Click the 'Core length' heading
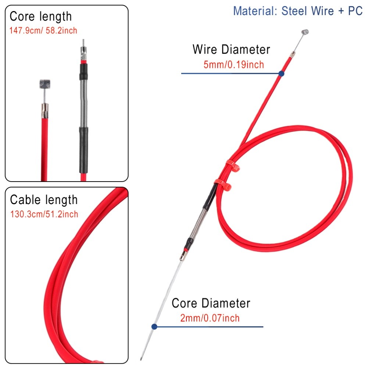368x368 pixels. (x=40, y=17)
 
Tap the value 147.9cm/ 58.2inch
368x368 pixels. (x=43, y=30)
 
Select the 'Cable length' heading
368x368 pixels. (x=44, y=200)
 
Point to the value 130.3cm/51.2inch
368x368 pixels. (x=44, y=214)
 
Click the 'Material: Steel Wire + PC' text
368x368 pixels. (x=298, y=11)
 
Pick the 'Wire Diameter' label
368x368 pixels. (x=231, y=50)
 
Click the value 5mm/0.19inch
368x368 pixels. (x=233, y=65)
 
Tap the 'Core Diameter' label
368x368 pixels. (x=211, y=304)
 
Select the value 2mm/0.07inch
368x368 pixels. (x=210, y=318)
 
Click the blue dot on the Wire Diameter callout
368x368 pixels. (x=281, y=74)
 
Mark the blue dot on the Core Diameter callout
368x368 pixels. (x=154, y=326)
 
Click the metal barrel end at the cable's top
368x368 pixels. (x=304, y=33)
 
